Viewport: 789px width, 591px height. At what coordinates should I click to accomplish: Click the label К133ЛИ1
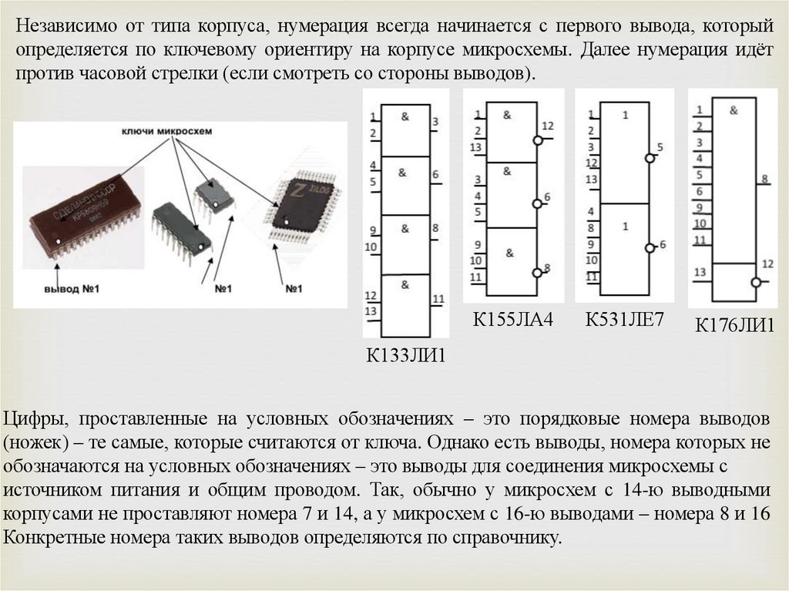click(x=406, y=355)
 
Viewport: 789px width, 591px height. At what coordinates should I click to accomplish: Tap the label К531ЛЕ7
click(x=624, y=320)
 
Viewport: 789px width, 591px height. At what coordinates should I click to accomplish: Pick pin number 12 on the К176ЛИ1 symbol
click(x=767, y=264)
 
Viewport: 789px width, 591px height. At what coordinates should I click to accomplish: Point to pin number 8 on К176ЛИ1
click(x=764, y=180)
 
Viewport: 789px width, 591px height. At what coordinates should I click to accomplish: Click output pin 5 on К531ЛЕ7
click(x=660, y=147)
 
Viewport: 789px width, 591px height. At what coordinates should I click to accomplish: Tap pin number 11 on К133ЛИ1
click(x=438, y=299)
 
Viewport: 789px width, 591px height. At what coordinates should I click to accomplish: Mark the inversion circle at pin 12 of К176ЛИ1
click(x=756, y=282)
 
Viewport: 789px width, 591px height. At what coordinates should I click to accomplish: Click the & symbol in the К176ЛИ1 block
click(x=734, y=110)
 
